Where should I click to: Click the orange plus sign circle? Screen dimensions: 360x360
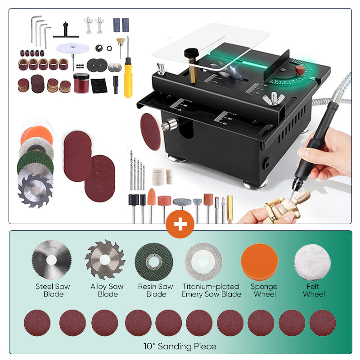(x=180, y=224)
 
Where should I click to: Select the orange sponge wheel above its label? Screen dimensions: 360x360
(x=260, y=262)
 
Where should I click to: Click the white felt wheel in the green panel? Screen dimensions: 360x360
(x=312, y=262)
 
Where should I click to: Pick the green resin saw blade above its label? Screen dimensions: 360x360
(x=154, y=262)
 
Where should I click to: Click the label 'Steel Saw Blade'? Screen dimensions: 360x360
(x=53, y=290)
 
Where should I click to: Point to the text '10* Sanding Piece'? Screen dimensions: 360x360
(x=180, y=346)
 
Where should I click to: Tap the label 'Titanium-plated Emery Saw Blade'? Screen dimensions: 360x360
(x=211, y=290)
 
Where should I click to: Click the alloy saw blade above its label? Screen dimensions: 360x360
(x=105, y=260)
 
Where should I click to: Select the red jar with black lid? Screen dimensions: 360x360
(x=81, y=83)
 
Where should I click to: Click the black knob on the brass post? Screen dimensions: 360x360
(x=191, y=54)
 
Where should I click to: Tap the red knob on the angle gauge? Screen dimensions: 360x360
(x=300, y=70)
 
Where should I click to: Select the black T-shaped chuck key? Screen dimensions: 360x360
(x=66, y=31)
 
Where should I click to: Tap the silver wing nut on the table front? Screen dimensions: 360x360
(x=274, y=99)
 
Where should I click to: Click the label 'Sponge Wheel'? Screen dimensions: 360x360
(x=264, y=290)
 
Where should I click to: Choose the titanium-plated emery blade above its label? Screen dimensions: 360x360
(x=203, y=262)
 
